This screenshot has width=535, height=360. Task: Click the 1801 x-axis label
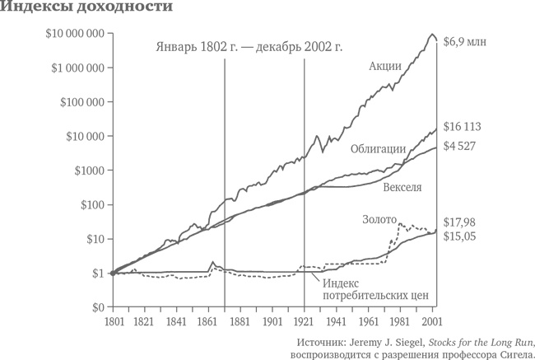click(x=111, y=321)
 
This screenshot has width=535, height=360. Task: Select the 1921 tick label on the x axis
click(x=305, y=321)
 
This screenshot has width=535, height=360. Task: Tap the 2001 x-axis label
click(x=434, y=321)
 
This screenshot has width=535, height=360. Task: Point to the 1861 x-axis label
click(x=208, y=321)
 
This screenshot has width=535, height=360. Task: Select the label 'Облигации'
click(x=377, y=148)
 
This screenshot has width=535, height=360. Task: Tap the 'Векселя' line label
click(x=402, y=187)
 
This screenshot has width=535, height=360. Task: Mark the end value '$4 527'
click(x=463, y=147)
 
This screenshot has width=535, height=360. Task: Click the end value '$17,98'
click(x=464, y=222)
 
